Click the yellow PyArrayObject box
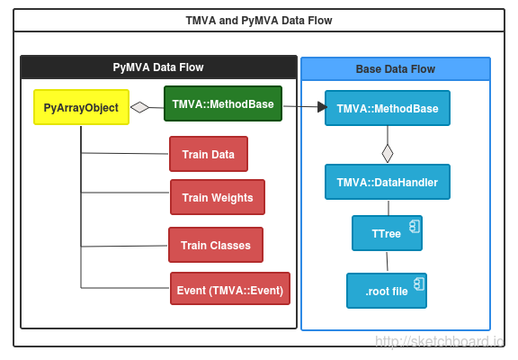tap(81, 107)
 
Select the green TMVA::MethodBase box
tap(223, 103)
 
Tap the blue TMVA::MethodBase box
tap(388, 108)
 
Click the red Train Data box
tap(209, 154)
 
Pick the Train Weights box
tap(218, 197)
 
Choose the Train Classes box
tap(216, 245)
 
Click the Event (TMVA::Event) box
tap(230, 289)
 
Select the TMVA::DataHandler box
tap(388, 182)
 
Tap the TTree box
tap(387, 233)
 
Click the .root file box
tap(387, 291)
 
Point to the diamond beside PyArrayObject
tap(139, 107)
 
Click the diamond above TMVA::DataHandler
tap(388, 153)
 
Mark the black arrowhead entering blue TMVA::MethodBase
tap(323, 107)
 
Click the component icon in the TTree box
tap(415, 227)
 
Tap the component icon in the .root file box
tap(419, 284)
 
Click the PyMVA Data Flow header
tap(158, 67)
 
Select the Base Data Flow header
tap(396, 68)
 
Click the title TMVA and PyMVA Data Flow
tap(259, 21)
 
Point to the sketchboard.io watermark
tap(440, 341)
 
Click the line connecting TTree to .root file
tap(388, 262)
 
